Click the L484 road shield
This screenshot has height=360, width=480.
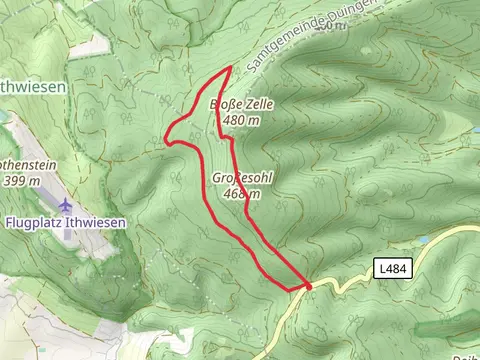point(392,268)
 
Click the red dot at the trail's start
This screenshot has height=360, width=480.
point(308,286)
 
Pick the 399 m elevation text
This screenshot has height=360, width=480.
point(21,180)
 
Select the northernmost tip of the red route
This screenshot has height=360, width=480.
point(231,67)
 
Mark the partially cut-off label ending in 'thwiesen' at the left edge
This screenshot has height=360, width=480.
point(34,87)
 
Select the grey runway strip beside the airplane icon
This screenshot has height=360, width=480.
point(54,200)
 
